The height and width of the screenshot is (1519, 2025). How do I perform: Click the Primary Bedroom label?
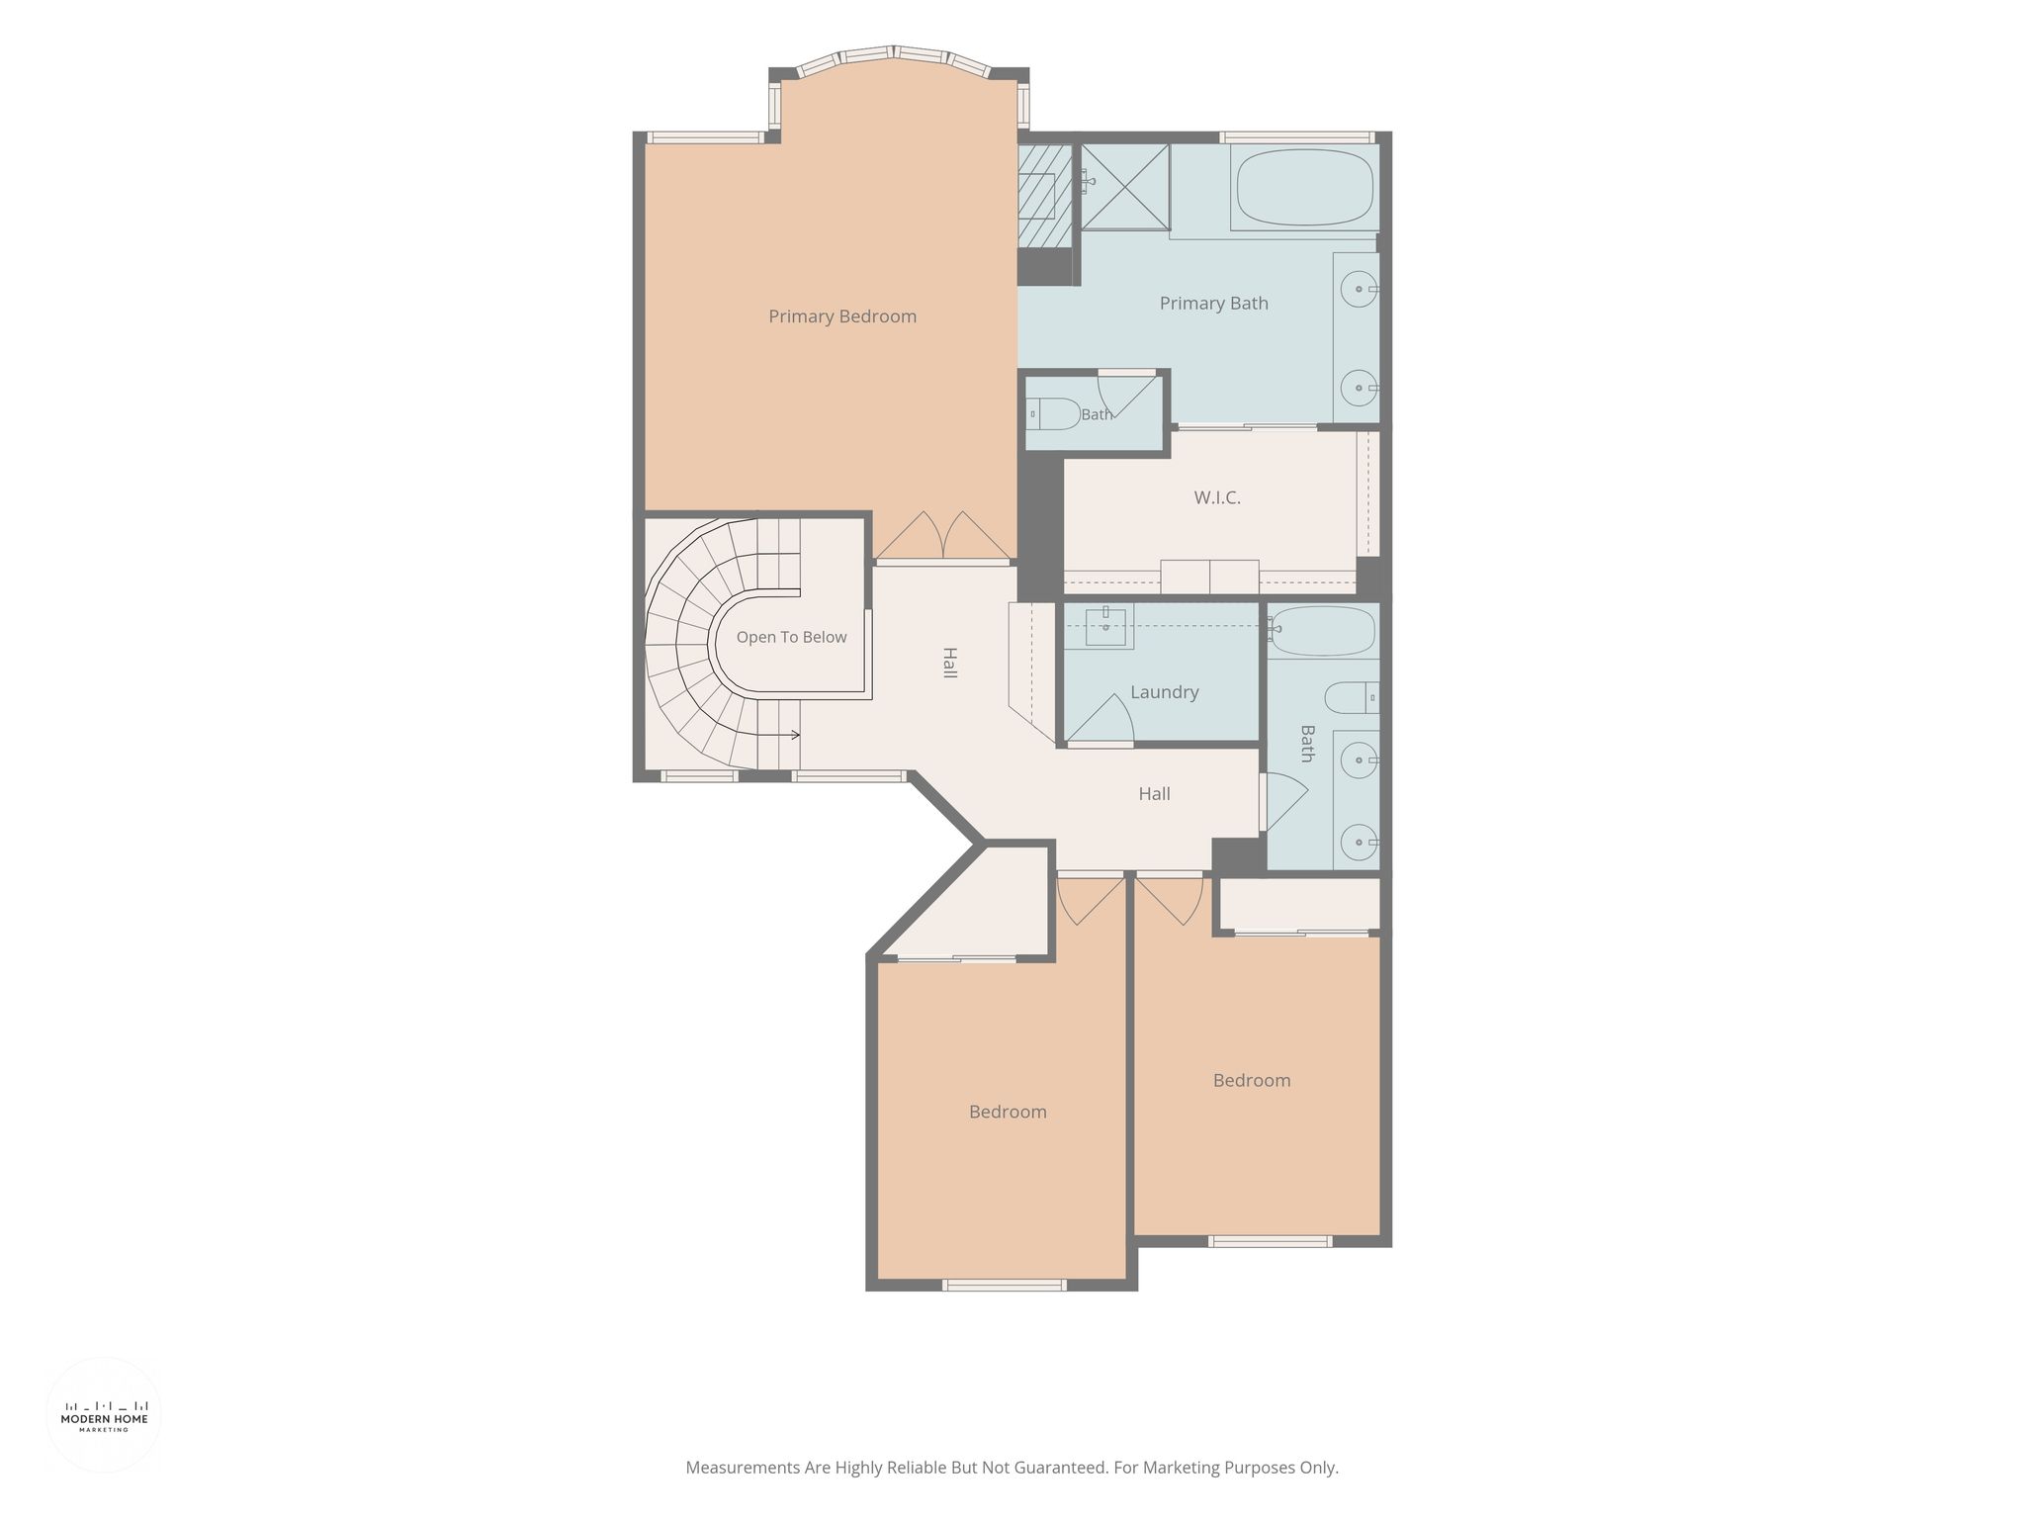pyautogui.click(x=842, y=316)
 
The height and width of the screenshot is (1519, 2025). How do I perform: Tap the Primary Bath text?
pyautogui.click(x=1213, y=304)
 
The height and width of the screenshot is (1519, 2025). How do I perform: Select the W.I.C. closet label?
pyautogui.click(x=1216, y=497)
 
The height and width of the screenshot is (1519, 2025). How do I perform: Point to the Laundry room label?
pyautogui.click(x=1164, y=692)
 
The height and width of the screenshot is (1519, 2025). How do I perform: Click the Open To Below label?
pyautogui.click(x=791, y=637)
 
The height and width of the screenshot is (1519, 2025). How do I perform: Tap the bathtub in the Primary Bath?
pyautogui.click(x=1305, y=189)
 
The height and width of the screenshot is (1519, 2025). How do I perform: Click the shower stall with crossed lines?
pyautogui.click(x=1125, y=187)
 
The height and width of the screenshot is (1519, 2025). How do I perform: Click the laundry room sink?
pyautogui.click(x=1105, y=626)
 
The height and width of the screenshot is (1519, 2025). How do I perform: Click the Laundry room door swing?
pyautogui.click(x=1100, y=718)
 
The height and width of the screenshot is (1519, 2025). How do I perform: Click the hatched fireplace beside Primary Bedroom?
pyautogui.click(x=1045, y=197)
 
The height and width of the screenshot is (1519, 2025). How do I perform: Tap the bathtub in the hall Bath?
pyautogui.click(x=1323, y=632)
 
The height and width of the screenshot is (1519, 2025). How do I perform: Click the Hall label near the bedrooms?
pyautogui.click(x=1154, y=794)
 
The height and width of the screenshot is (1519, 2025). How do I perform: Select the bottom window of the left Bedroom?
pyautogui.click(x=1005, y=1285)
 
